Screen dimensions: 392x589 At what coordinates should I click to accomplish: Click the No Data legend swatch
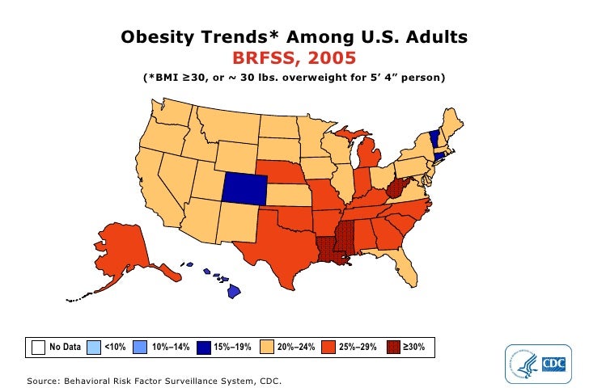[38, 347]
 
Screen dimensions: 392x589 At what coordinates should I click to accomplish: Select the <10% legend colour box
[93, 347]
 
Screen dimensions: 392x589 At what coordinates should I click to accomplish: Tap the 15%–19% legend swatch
[204, 347]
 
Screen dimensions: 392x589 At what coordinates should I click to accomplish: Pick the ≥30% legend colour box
[392, 347]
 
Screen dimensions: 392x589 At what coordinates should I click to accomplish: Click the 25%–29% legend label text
[358, 347]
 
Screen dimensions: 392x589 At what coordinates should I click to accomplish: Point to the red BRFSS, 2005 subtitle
[294, 58]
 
